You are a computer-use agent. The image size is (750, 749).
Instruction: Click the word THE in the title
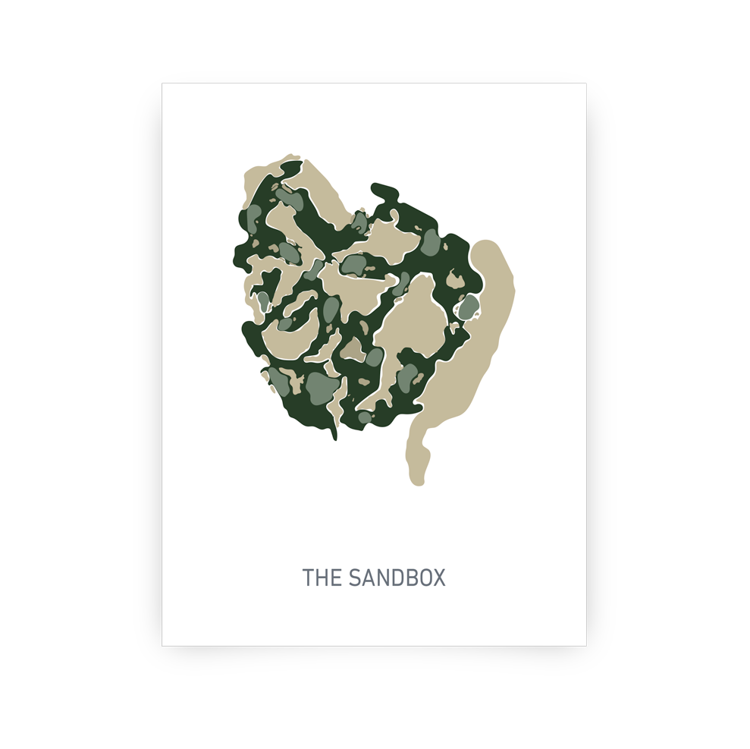(x=322, y=578)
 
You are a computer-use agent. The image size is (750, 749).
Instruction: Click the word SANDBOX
(x=398, y=578)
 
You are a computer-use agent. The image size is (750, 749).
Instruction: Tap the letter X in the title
(x=438, y=578)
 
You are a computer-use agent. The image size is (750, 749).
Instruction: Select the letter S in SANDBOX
(x=356, y=578)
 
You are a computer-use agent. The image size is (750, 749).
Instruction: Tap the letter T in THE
(x=308, y=578)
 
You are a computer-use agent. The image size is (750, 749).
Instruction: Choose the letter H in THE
(x=322, y=578)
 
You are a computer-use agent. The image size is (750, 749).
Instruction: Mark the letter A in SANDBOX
(x=369, y=578)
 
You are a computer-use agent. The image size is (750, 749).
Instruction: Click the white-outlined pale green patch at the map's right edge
(x=469, y=307)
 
